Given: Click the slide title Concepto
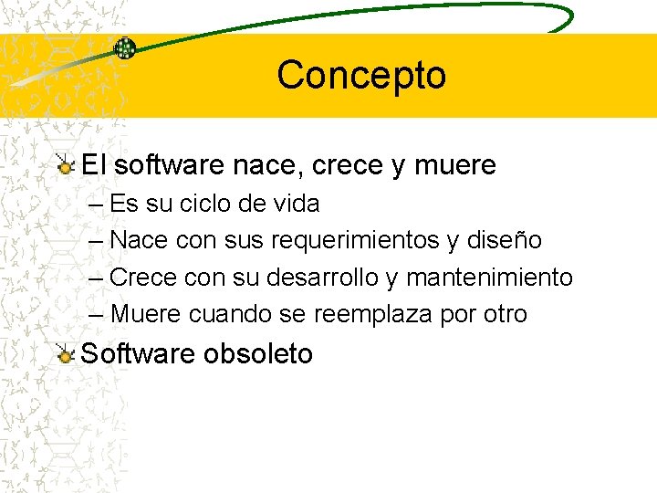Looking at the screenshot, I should tap(361, 75).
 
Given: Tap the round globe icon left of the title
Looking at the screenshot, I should tap(125, 48).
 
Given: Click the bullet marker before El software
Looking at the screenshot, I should tap(65, 165).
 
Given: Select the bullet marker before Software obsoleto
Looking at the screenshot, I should tap(65, 354).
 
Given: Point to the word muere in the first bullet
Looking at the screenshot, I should tap(455, 165).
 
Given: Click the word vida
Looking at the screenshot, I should tap(296, 204).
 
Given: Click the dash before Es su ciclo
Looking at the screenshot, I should tap(97, 204).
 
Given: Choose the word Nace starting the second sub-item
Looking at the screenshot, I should tap(137, 240).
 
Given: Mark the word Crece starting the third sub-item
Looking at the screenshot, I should tap(141, 277).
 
